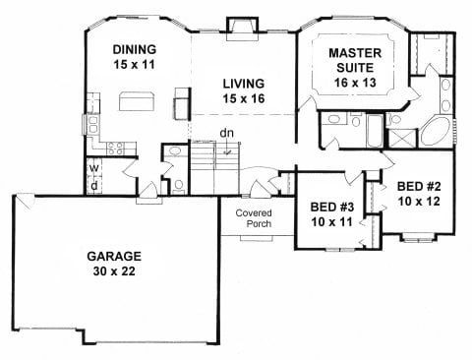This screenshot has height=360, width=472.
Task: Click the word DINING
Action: (x=135, y=49)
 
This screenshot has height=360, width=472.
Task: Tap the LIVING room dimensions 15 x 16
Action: (x=244, y=98)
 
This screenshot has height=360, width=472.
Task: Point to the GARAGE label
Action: (x=114, y=256)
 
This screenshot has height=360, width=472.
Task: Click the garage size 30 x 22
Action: (x=114, y=271)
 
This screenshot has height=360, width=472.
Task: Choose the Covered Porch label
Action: (x=254, y=218)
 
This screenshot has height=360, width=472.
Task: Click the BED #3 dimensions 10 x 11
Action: (x=332, y=222)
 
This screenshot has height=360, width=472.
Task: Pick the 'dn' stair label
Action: (x=227, y=133)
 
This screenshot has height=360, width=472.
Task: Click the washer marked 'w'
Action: (x=94, y=168)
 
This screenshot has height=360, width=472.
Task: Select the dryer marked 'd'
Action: (x=94, y=186)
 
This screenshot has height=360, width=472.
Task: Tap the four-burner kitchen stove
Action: (x=116, y=148)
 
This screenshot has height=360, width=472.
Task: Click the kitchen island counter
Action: (x=137, y=101)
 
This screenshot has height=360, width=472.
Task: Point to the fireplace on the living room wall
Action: (x=243, y=30)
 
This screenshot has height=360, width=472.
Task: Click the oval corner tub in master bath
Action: (x=436, y=131)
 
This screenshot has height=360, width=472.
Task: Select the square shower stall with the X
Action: (x=402, y=139)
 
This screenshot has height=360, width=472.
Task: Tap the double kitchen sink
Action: (x=92, y=125)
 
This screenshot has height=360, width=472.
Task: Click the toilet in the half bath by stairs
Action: (x=179, y=186)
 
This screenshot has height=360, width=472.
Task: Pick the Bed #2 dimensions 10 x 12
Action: (x=419, y=201)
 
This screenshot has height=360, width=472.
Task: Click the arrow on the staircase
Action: (x=227, y=151)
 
